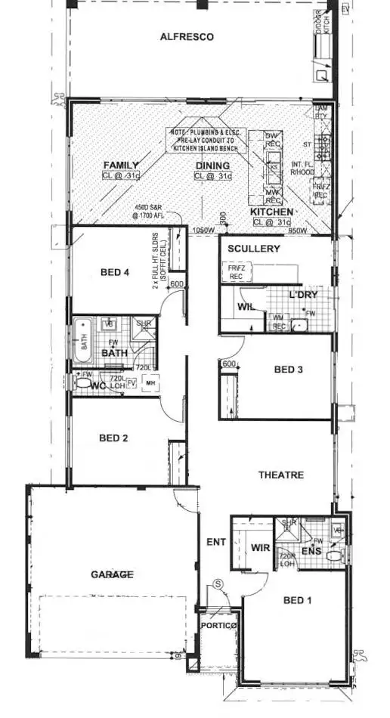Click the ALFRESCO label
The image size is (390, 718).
(x=187, y=36)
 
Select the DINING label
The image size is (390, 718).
(x=212, y=165)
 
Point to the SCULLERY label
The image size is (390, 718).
(x=253, y=249)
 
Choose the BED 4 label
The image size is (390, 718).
(x=116, y=272)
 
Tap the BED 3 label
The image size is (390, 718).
(x=288, y=369)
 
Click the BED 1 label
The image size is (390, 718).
(x=298, y=600)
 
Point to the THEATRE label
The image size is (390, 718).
(x=281, y=475)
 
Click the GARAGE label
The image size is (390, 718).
(x=113, y=574)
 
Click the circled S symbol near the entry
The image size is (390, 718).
(x=218, y=583)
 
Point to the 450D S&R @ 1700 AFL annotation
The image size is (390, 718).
(x=153, y=211)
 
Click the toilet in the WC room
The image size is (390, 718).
(x=82, y=384)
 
